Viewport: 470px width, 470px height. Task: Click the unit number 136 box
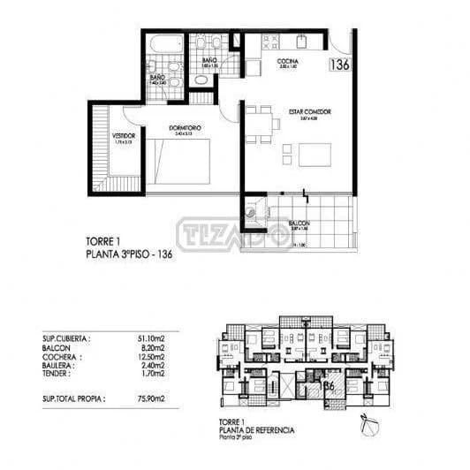click(338, 64)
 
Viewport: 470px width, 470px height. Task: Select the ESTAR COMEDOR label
click(309, 112)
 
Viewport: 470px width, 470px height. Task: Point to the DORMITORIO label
click(185, 128)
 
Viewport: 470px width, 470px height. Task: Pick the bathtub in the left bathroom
click(163, 42)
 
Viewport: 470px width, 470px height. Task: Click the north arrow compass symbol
click(365, 427)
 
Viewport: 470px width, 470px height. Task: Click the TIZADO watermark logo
click(234, 234)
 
